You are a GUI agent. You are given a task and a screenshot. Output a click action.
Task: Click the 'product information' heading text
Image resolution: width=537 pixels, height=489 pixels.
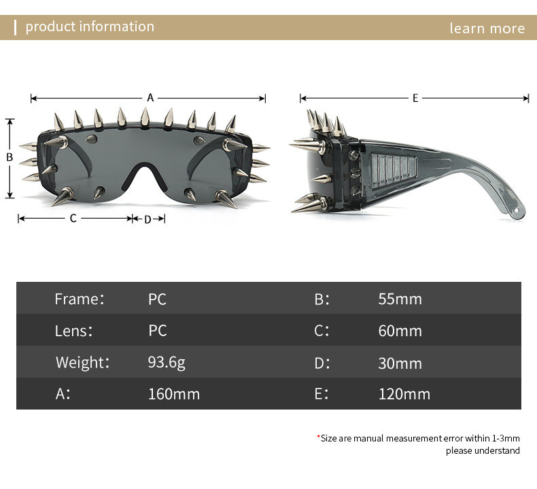click(90, 26)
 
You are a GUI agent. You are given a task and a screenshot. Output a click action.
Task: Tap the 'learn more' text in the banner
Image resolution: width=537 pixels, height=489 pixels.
click(487, 28)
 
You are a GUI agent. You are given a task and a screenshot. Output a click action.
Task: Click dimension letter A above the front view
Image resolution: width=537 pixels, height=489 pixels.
click(150, 98)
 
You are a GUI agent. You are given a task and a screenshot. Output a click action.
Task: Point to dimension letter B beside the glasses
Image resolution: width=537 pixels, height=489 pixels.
click(10, 157)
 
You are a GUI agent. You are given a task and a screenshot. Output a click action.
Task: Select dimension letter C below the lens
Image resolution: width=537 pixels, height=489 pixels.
click(73, 218)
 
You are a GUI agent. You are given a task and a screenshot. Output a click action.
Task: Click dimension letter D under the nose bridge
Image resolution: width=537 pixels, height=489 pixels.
click(148, 219)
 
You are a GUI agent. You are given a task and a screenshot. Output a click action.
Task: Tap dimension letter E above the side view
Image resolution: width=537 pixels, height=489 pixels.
click(415, 98)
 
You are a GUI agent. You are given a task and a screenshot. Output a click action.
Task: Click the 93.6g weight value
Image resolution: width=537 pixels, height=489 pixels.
click(167, 363)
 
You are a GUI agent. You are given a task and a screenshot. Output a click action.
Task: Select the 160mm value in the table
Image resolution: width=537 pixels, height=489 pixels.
click(173, 394)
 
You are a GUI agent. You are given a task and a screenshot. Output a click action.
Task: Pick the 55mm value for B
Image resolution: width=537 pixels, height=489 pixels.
click(400, 299)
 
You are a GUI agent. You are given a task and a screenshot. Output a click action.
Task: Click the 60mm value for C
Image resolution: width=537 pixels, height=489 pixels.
click(400, 331)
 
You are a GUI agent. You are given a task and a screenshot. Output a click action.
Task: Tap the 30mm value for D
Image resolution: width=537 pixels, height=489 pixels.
click(400, 363)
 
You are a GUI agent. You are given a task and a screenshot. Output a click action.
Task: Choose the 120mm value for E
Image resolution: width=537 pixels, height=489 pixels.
click(404, 394)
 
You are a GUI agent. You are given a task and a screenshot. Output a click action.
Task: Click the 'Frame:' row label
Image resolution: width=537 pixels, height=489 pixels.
click(80, 299)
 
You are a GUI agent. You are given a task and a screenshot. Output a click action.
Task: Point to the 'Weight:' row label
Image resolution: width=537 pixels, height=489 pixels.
click(82, 363)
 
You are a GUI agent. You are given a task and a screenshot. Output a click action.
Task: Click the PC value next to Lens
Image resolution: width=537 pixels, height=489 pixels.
click(158, 331)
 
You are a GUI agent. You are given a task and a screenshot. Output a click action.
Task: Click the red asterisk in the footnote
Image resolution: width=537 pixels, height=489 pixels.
click(319, 436)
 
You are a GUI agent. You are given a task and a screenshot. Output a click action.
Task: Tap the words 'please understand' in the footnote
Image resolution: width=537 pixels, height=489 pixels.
click(483, 451)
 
